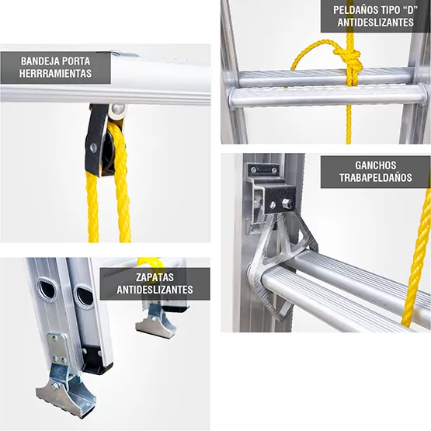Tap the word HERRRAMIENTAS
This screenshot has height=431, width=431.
pos(57,75)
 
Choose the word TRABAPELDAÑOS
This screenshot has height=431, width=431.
pos(376,179)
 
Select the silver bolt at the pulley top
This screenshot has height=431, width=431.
pos(116,110)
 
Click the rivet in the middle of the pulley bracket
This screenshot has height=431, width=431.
pos(93,147)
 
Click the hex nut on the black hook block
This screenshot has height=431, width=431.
pos(286,203)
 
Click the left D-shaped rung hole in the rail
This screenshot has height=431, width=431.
pos(47,289)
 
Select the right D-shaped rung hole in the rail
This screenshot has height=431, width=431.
pos(84,296)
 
